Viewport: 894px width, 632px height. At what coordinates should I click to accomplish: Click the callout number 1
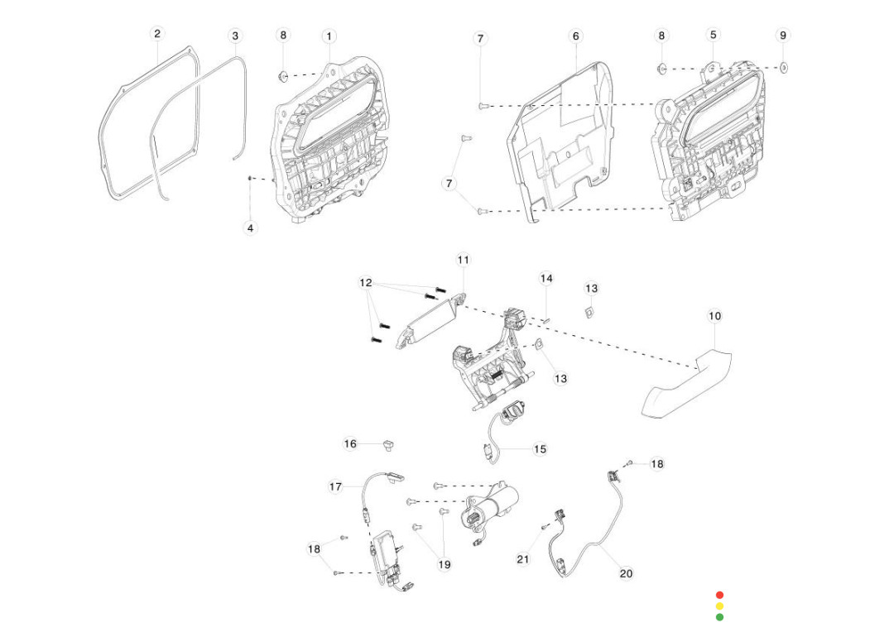329,36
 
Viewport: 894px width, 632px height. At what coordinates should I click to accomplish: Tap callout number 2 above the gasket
157,34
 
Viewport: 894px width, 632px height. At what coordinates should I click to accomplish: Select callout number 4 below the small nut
251,227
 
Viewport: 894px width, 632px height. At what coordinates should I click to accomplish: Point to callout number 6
576,36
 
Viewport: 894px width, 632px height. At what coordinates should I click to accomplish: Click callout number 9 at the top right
783,36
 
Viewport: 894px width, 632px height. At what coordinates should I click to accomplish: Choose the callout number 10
715,316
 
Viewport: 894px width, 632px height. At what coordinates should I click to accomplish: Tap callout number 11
463,261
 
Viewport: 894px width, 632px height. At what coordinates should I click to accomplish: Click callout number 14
546,278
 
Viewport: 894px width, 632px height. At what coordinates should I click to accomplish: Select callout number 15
540,449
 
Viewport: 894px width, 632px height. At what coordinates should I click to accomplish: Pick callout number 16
350,444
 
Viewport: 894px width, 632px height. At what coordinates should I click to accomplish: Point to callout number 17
335,487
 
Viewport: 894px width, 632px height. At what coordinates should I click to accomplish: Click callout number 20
626,573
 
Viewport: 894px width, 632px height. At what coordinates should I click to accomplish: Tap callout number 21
522,559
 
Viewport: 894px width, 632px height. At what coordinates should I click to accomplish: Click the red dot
719,595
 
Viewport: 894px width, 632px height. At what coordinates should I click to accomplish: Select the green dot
719,617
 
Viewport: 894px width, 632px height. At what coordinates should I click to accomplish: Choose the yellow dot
719,606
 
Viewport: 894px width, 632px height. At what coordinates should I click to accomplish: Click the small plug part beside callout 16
386,446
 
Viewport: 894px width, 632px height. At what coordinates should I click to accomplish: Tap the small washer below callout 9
783,65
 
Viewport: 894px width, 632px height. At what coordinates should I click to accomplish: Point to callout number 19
445,565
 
